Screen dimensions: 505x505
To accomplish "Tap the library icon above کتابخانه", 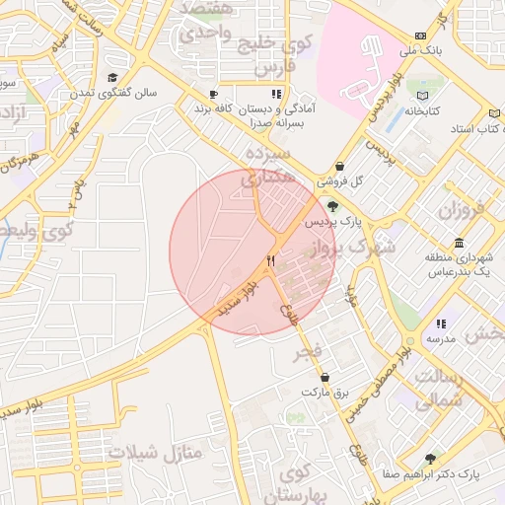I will pos(424,96).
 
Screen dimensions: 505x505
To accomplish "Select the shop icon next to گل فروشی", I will pos(339,168).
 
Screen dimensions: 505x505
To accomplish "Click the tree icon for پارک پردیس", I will pos(331,206).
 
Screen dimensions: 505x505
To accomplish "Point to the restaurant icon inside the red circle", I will pos(270,261).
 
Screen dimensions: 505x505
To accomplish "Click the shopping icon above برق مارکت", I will pos(325,377).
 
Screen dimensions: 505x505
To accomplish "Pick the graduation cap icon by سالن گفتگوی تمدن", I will pos(112,78).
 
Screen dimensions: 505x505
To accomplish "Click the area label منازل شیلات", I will pos(155,453).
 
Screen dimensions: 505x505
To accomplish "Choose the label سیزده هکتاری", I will pos(266,167).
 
